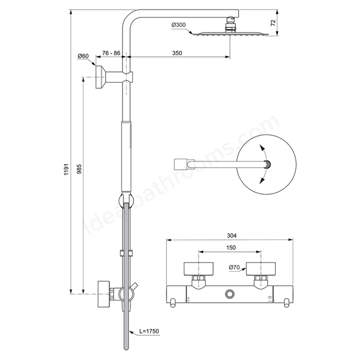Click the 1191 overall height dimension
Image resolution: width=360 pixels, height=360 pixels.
[x=66, y=169]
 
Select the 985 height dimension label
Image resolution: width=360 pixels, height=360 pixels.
[x=79, y=169]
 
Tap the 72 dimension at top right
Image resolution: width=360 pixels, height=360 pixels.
[x=273, y=22]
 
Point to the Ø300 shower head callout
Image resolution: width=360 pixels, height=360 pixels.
[x=179, y=25]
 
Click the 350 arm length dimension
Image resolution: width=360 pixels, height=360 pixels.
[x=177, y=53]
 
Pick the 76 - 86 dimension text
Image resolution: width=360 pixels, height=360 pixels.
[x=111, y=53]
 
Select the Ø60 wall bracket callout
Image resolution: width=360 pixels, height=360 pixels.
[x=83, y=56]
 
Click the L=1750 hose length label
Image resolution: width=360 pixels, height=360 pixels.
[x=149, y=331]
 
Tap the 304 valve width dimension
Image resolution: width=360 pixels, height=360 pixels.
[x=232, y=235]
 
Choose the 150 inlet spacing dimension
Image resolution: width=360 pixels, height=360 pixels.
[x=231, y=247]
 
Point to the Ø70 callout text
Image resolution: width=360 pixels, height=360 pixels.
[x=234, y=267]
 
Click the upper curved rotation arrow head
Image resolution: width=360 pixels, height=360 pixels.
[x=261, y=147]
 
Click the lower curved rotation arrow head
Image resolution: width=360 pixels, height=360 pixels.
[x=261, y=181]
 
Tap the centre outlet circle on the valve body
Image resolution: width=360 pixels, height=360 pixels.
[x=229, y=294]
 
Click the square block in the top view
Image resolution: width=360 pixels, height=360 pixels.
[x=180, y=164]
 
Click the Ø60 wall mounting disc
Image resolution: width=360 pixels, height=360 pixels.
[x=100, y=77]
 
